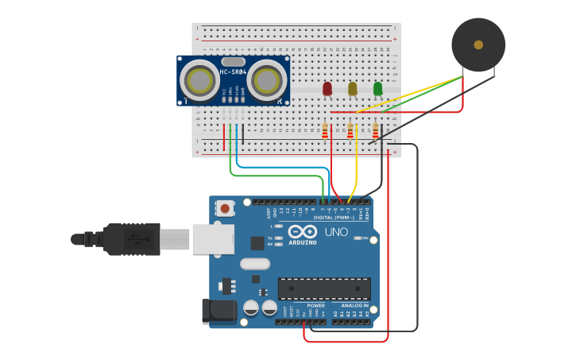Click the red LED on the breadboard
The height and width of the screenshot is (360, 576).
tap(327, 88)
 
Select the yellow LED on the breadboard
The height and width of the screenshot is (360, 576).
tap(353, 88)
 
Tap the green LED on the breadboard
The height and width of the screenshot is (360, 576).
tap(378, 88)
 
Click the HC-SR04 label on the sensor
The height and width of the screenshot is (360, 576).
tap(233, 73)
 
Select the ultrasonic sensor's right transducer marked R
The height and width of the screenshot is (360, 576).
tap(268, 80)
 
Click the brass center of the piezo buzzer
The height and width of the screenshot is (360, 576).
tap(478, 45)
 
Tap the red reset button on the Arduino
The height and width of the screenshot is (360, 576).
tap(226, 209)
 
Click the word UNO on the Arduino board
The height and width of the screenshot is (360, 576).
tap(336, 232)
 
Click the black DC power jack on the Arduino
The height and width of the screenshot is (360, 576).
tap(220, 311)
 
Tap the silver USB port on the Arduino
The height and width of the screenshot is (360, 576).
tap(213, 238)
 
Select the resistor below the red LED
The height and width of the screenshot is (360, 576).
tap(325, 130)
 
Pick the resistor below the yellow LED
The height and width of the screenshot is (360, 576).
tap(350, 130)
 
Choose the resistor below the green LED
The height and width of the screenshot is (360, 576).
tap(376, 130)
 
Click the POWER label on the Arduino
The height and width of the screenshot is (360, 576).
tap(315, 305)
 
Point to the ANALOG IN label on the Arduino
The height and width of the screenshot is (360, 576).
tap(355, 305)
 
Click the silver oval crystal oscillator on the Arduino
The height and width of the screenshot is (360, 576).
tap(254, 264)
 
